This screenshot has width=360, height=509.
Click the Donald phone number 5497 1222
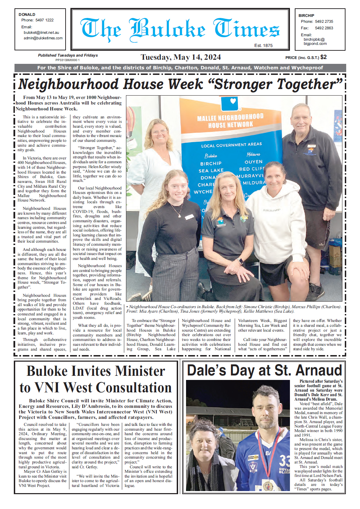coord(45,20)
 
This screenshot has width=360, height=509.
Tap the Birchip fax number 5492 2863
coord(324,28)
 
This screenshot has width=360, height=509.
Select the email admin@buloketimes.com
coord(43,38)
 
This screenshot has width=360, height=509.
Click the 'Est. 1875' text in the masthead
coord(263,46)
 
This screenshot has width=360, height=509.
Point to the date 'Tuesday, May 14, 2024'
coord(181,57)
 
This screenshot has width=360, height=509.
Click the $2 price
coord(323,57)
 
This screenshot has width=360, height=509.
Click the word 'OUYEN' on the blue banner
coord(254,162)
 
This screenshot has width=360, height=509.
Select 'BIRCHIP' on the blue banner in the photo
coord(211,164)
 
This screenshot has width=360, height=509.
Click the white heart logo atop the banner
coord(233,101)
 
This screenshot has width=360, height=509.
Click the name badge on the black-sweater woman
coord(189,217)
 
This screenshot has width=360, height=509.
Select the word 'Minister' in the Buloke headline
coord(140,371)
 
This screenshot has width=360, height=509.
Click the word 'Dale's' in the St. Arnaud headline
coord(206,371)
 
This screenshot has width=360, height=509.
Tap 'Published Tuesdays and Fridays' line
coord(68,55)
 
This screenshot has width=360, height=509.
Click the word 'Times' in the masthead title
coord(246,29)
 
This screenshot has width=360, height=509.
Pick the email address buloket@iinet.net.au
coord(41,33)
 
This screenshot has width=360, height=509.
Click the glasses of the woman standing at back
coord(159,132)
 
